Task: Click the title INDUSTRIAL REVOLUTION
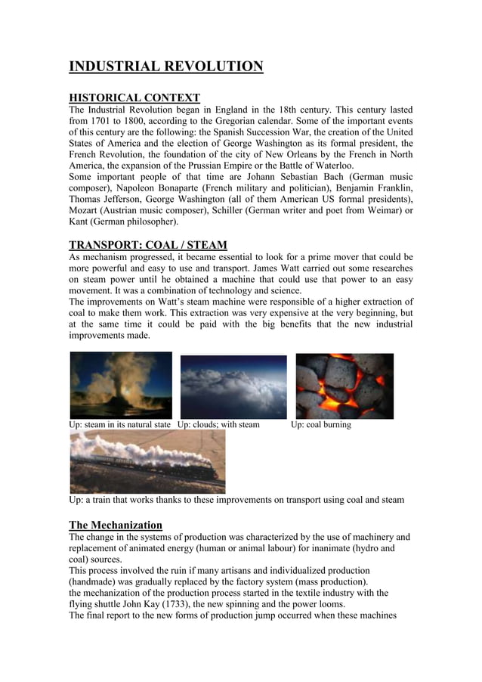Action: tap(166, 67)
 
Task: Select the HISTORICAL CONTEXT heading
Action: tap(134, 98)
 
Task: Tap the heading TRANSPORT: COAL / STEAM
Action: tap(148, 245)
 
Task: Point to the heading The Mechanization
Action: tap(116, 525)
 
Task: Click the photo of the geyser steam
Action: tap(121, 385)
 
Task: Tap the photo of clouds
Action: tap(233, 386)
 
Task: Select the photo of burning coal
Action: tap(345, 386)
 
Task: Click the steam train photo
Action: tap(147, 462)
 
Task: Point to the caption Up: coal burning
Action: tap(321, 425)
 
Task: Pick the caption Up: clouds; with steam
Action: tap(218, 425)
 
